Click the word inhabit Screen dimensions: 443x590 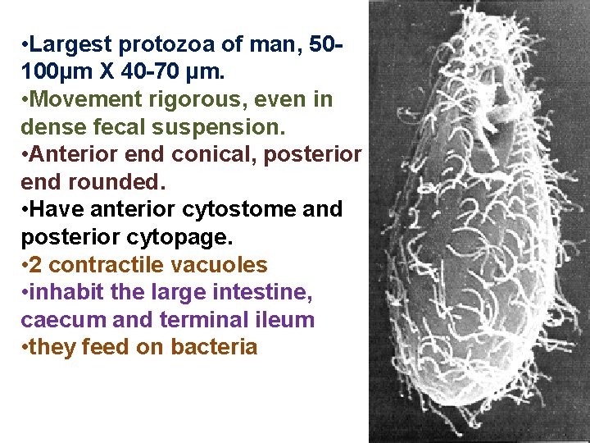[65, 293]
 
